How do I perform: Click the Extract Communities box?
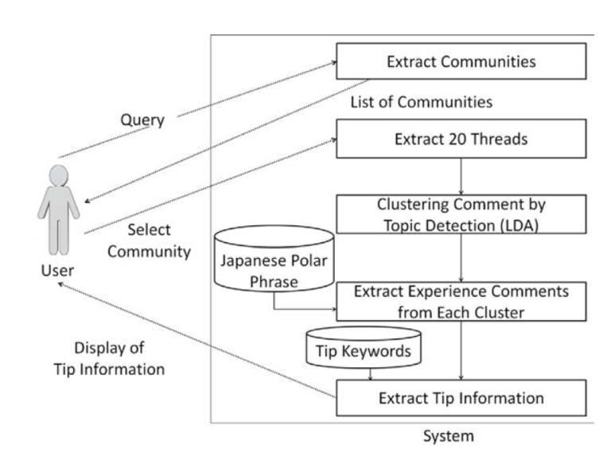[461, 61]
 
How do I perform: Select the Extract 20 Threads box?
[461, 139]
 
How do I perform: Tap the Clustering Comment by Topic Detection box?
[461, 215]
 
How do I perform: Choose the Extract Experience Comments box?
[461, 302]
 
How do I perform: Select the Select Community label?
[160, 241]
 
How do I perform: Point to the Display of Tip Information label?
[120, 359]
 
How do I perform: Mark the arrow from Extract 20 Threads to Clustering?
[461, 176]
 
